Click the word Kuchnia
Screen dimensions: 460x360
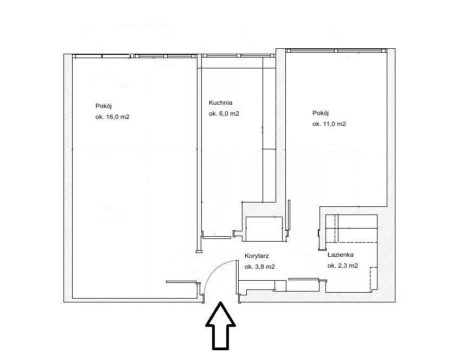pyautogui.click(x=220, y=103)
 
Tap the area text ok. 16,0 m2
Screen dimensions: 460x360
pyautogui.click(x=112, y=117)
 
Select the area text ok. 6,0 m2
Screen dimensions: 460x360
pyautogui.click(x=224, y=113)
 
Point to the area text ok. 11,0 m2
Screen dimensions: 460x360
pyautogui.click(x=329, y=124)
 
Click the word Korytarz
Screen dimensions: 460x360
pyautogui.click(x=257, y=256)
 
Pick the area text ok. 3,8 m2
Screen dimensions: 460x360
pyautogui.click(x=260, y=267)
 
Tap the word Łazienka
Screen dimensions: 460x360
pyautogui.click(x=340, y=255)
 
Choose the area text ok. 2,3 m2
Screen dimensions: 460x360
pyautogui.click(x=343, y=266)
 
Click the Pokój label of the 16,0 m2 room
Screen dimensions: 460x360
pyautogui.click(x=104, y=106)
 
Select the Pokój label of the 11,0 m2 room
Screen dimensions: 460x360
pyautogui.click(x=321, y=113)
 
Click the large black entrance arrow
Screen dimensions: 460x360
pyautogui.click(x=220, y=326)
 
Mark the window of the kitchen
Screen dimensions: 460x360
pyautogui.click(x=238, y=55)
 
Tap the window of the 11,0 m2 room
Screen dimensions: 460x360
pyautogui.click(x=336, y=50)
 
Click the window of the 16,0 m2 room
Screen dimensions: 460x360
pyautogui.click(x=135, y=56)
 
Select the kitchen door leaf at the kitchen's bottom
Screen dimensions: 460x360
pyautogui.click(x=217, y=237)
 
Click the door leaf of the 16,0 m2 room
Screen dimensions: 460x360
pyautogui.click(x=181, y=282)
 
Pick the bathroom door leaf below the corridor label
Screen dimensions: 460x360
pyautogui.click(x=304, y=279)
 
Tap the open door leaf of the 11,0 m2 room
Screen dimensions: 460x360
pyautogui.click(x=289, y=215)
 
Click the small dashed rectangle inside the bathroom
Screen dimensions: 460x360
pyautogui.click(x=373, y=279)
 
